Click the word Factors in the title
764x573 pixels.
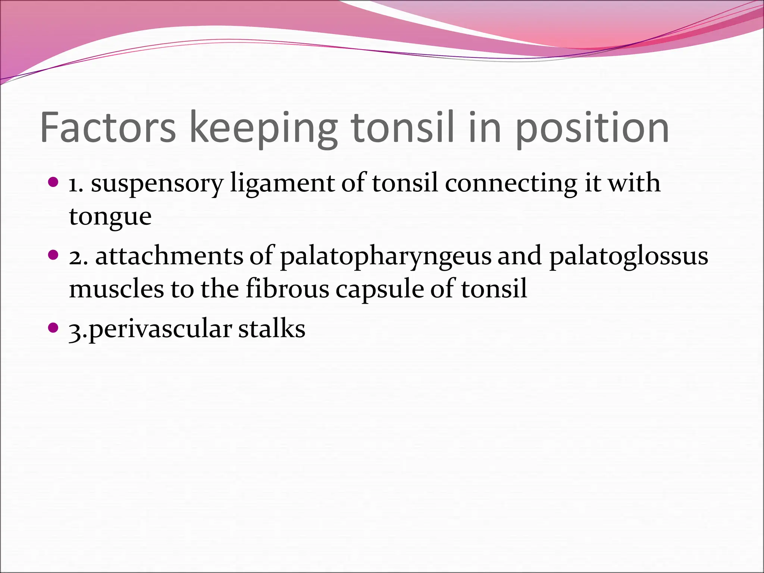(x=108, y=128)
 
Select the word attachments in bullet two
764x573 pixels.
(x=169, y=257)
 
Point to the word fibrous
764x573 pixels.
(x=287, y=289)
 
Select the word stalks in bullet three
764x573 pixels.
(x=272, y=329)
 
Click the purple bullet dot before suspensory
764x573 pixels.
(x=54, y=182)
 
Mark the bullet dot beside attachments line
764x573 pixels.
(x=54, y=256)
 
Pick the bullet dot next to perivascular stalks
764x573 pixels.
(x=54, y=328)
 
